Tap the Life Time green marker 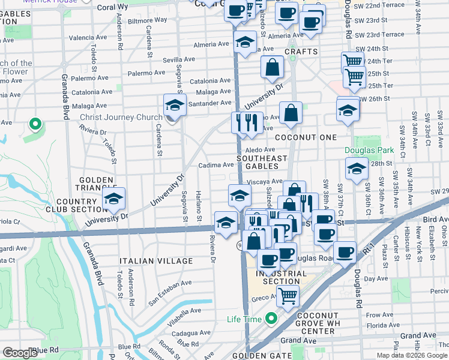pyautogui.click(x=271, y=319)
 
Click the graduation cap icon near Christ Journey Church pyautogui.click(x=175, y=106)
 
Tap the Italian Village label pyautogui.click(x=155, y=262)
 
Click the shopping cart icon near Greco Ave pyautogui.click(x=288, y=295)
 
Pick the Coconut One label pyautogui.click(x=306, y=137)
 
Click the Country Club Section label pyautogui.click(x=80, y=205)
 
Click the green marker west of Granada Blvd pyautogui.click(x=35, y=125)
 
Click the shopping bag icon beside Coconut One pyautogui.click(x=291, y=112)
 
